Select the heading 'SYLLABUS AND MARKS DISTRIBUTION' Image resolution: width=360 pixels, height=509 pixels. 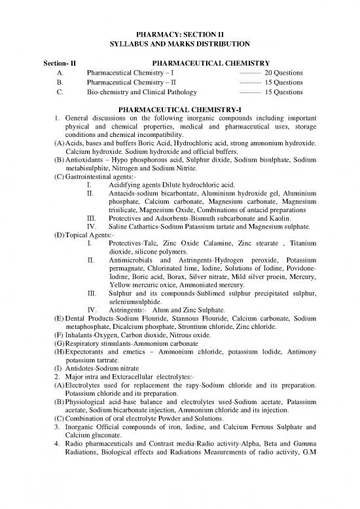pos(179,44)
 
